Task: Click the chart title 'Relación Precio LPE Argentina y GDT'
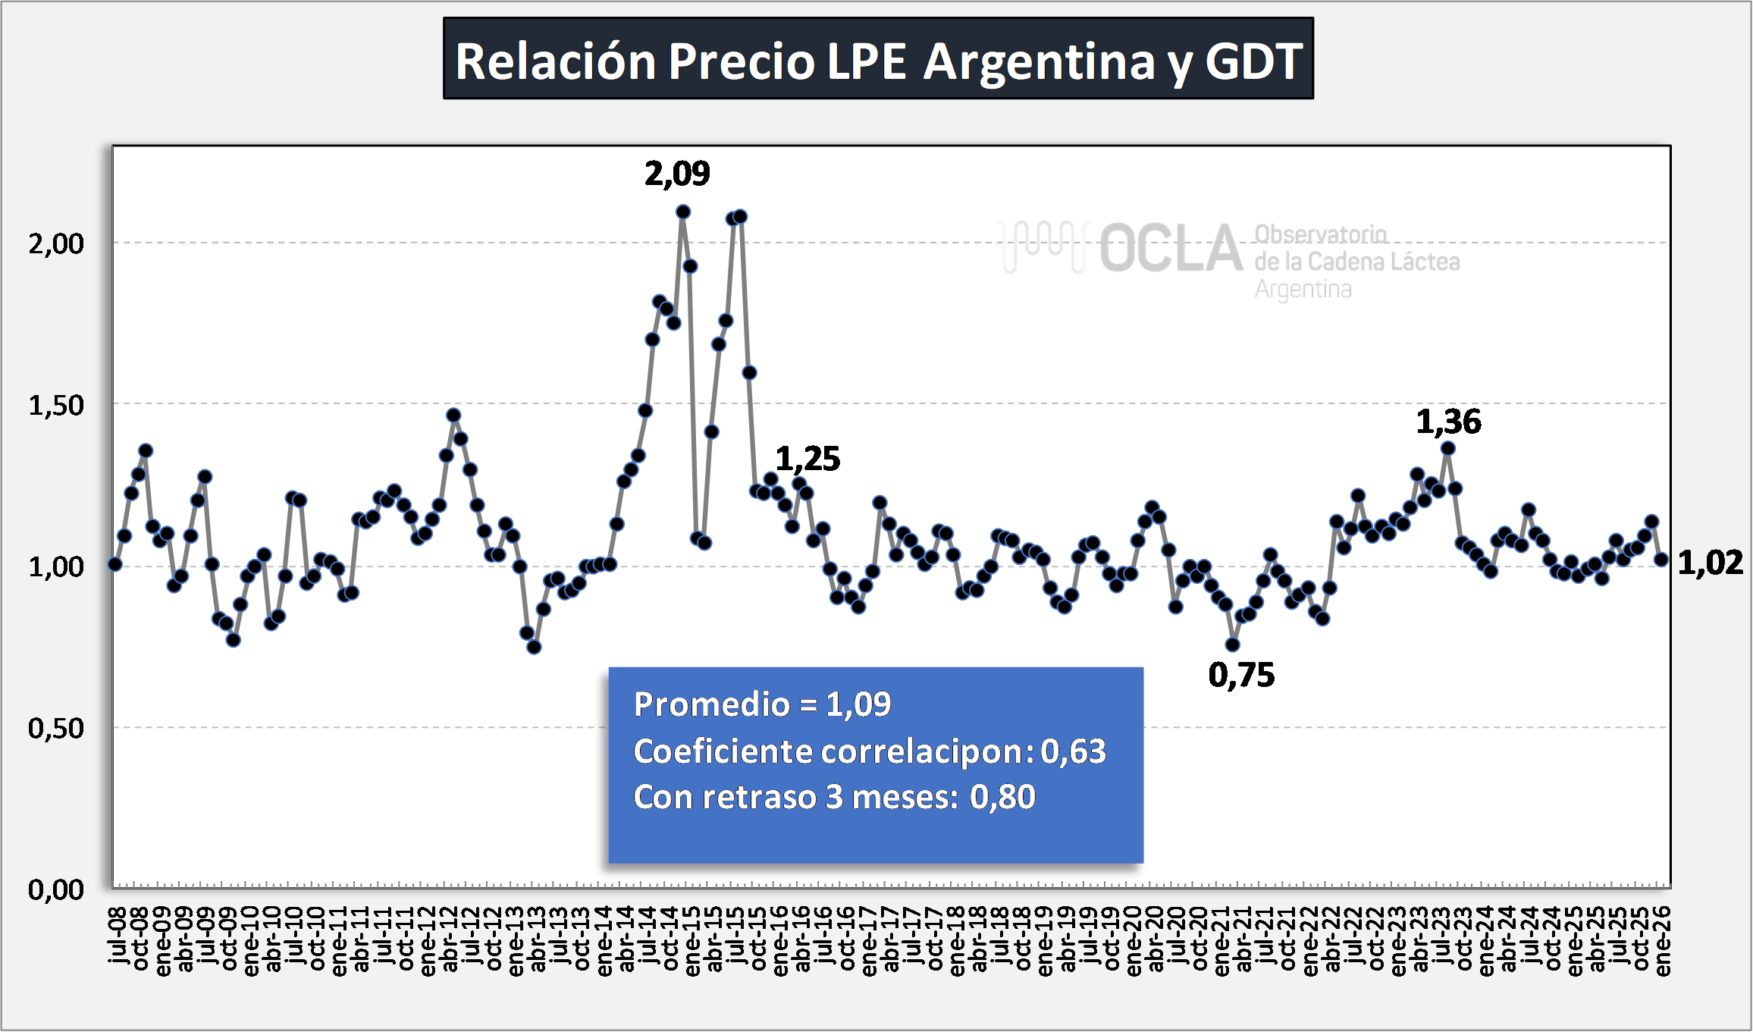tap(878, 60)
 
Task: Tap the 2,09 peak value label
tap(677, 174)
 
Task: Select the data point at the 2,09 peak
tap(683, 212)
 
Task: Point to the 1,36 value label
tap(1448, 422)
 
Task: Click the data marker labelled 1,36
tap(1447, 449)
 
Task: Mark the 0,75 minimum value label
tap(1241, 675)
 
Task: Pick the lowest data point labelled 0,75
tap(1233, 645)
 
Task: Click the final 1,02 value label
tap(1710, 563)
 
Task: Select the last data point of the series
tap(1661, 559)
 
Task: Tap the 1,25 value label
tap(808, 459)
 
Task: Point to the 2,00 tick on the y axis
tap(56, 244)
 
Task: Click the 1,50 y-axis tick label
tap(56, 406)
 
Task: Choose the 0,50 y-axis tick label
tap(56, 729)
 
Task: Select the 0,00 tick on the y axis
tap(56, 889)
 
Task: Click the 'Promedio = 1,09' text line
tap(762, 704)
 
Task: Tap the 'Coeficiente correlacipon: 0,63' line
tap(870, 751)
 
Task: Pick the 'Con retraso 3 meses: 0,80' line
tap(834, 797)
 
